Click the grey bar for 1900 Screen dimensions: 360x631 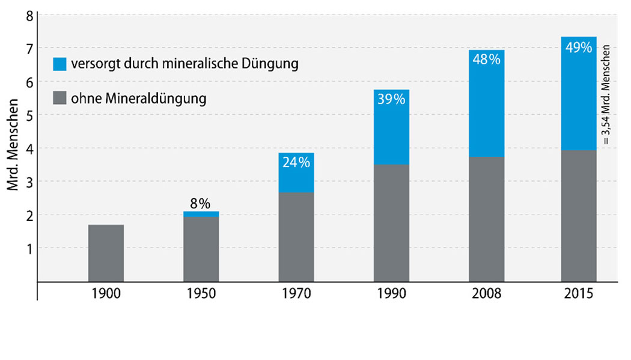(106, 253)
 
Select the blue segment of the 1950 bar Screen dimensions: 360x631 (201, 214)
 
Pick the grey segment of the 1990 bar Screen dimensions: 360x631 (391, 223)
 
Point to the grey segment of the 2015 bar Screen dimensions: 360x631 (579, 216)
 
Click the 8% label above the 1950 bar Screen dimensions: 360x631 (201, 203)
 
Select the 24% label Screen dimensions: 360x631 (296, 162)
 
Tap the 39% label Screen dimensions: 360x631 (391, 99)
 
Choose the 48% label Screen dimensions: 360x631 (487, 60)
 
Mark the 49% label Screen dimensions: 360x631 (579, 47)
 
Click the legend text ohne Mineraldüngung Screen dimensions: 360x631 (138, 97)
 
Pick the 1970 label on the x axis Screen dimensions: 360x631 (296, 294)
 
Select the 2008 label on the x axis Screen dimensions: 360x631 (487, 294)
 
